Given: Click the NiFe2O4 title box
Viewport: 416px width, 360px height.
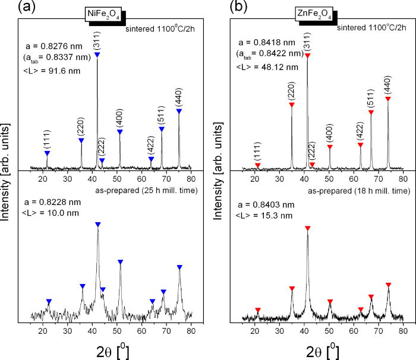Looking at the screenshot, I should click(x=102, y=17).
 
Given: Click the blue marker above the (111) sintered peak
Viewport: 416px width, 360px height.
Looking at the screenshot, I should click(x=48, y=154).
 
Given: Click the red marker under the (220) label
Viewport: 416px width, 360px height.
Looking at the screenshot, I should click(x=292, y=105).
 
